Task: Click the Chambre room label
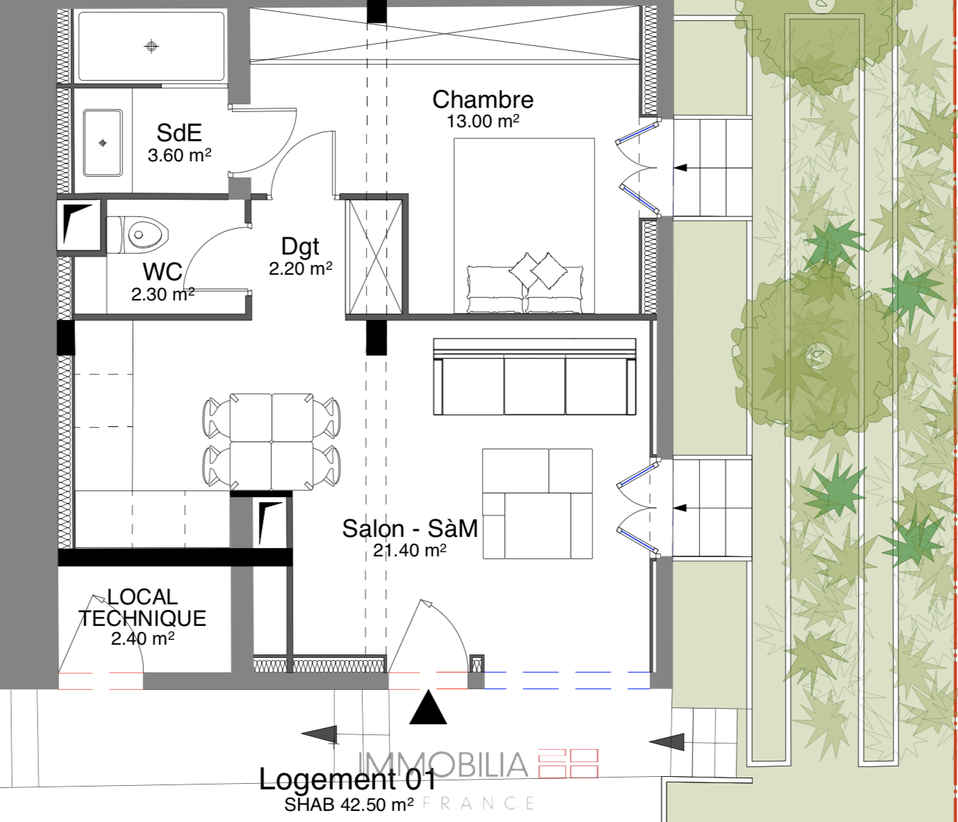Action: [x=483, y=99]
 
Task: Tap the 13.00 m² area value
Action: [x=482, y=121]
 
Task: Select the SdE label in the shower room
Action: [x=179, y=133]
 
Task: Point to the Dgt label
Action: [x=300, y=247]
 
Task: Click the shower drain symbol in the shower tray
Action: [x=152, y=46]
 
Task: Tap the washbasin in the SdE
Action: [x=103, y=143]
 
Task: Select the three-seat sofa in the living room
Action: [x=535, y=376]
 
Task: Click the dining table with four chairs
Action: [x=272, y=442]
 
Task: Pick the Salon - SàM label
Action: [x=410, y=529]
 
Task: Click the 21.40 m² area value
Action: [x=409, y=550]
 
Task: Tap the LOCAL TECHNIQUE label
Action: [x=143, y=608]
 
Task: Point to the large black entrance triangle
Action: [x=428, y=707]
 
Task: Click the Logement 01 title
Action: [x=348, y=779]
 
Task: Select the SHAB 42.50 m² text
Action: [x=349, y=805]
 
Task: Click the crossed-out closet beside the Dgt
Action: [x=375, y=257]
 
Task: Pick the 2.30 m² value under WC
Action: [x=163, y=294]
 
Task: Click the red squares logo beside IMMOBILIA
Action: [x=568, y=763]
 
